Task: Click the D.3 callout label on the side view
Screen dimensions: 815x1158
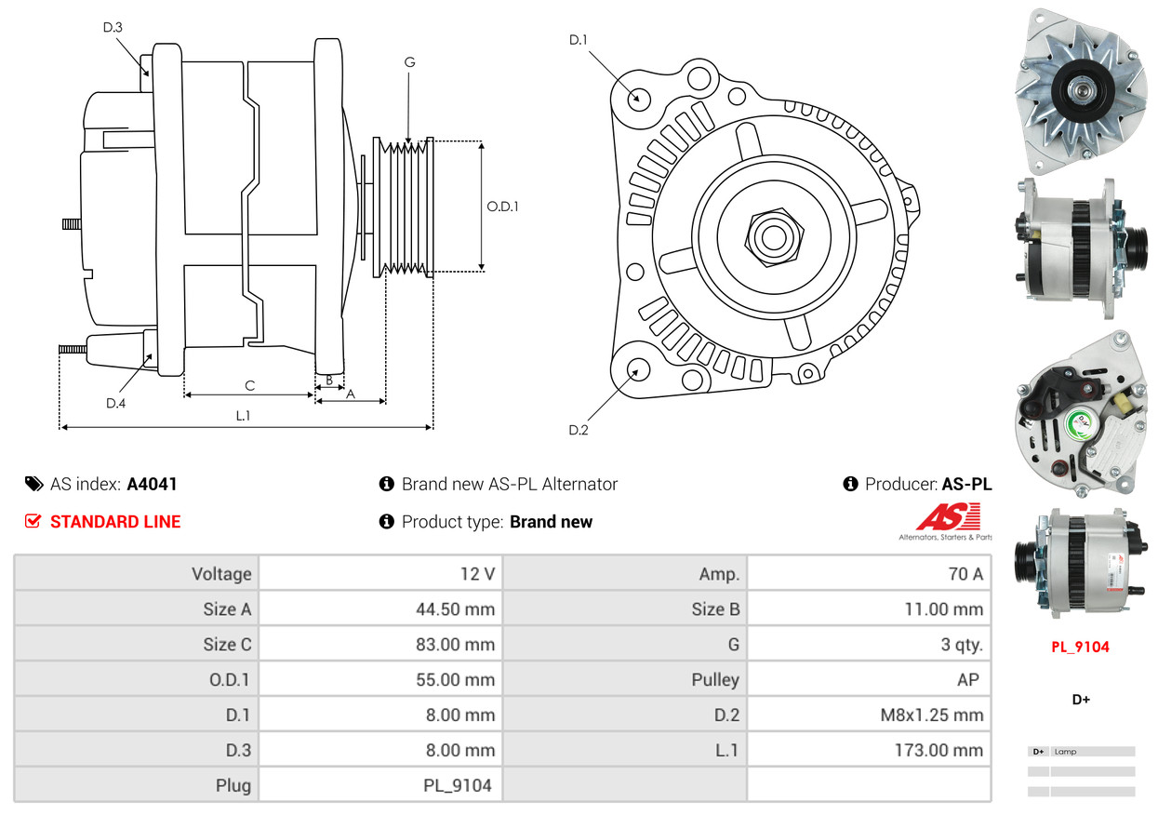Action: click(x=113, y=27)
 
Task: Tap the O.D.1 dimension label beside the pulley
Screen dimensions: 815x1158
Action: click(x=502, y=207)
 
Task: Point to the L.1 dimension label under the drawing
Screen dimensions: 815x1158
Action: click(x=243, y=416)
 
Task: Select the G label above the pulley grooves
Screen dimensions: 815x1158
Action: click(x=409, y=62)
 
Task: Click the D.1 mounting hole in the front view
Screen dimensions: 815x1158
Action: click(x=638, y=98)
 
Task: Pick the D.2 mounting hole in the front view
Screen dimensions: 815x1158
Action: click(x=637, y=370)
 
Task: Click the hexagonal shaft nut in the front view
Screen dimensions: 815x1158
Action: click(x=771, y=236)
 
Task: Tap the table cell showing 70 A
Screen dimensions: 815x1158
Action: click(x=965, y=574)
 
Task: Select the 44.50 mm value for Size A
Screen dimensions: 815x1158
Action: click(x=455, y=609)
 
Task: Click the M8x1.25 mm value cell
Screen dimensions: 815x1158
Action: click(x=931, y=715)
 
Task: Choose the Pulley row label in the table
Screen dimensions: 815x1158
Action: click(x=715, y=680)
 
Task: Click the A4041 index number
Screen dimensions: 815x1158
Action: click(x=152, y=484)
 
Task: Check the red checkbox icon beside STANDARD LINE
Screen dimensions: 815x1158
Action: click(x=33, y=521)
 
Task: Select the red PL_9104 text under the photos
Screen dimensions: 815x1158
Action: click(x=1080, y=647)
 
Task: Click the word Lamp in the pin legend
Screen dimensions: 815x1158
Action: click(x=1065, y=752)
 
